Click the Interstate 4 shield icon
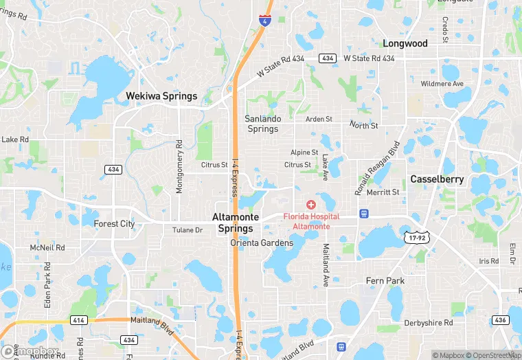(264, 19)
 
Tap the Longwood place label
(405, 43)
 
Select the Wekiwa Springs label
(161, 96)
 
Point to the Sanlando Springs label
(263, 124)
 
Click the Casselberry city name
(438, 179)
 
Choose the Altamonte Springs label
(236, 223)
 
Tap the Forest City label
(114, 224)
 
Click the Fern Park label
(385, 281)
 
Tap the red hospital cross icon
(310, 205)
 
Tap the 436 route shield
(499, 320)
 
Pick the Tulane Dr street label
(188, 230)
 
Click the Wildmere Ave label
(442, 84)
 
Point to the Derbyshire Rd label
(429, 322)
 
